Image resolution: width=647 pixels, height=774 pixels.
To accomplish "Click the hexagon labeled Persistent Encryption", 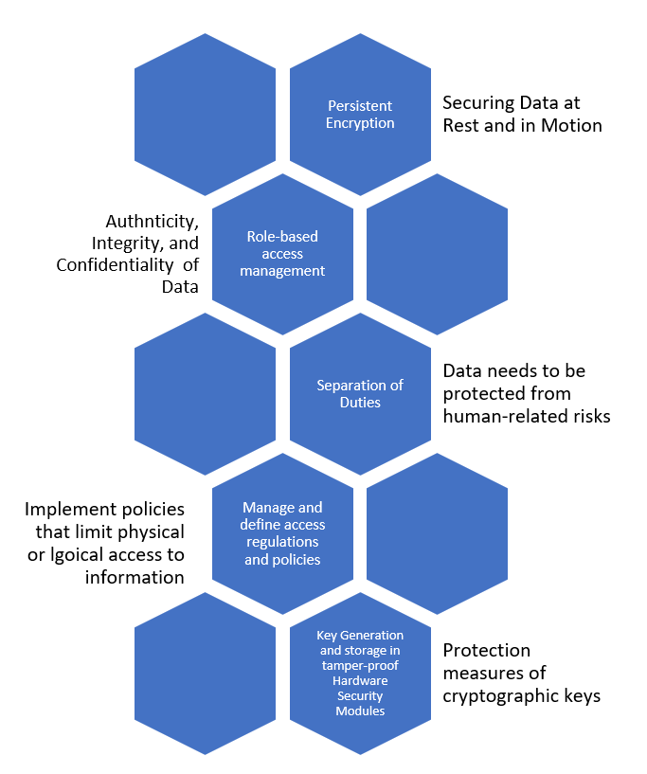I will click(360, 115).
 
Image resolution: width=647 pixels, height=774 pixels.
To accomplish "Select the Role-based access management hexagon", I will click(282, 254).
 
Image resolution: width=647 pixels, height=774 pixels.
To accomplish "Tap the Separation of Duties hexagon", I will click(360, 393).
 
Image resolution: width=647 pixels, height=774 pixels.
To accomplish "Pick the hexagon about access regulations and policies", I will click(282, 533).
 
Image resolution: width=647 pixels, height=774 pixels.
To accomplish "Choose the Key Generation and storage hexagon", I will click(360, 673).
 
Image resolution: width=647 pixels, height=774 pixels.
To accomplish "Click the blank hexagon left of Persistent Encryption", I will click(206, 115).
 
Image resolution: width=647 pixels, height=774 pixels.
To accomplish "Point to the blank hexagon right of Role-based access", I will click(437, 254).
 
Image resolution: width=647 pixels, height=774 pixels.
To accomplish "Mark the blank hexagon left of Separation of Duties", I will click(206, 393).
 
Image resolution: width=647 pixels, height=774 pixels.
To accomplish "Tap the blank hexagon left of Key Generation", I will click(206, 673).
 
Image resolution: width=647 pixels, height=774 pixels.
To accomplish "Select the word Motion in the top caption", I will click(570, 125).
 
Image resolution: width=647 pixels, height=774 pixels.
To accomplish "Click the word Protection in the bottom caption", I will click(486, 651).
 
